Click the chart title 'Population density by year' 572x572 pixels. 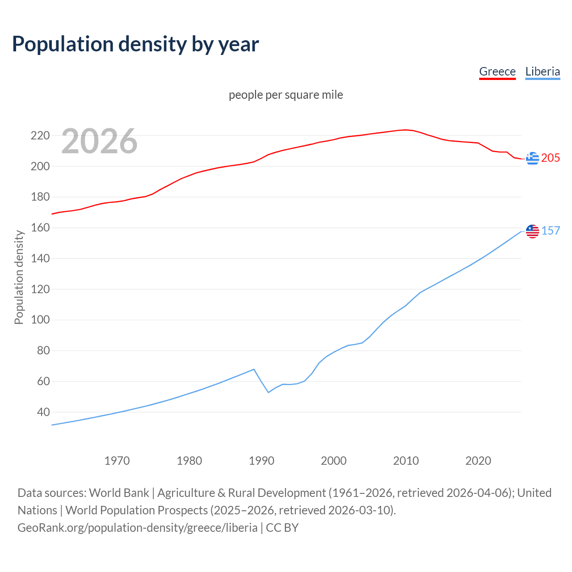(135, 44)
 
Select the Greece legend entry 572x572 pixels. (497, 71)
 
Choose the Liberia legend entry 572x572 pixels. (543, 71)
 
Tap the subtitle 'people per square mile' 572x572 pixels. (286, 95)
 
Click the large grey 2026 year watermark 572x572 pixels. (99, 141)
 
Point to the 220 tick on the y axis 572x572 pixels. (40, 135)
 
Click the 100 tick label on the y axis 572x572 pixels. (40, 320)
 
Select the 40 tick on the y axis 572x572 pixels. (43, 412)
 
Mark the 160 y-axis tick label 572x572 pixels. (40, 228)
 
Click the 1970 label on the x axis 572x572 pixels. (117, 461)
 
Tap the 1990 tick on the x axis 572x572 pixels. (261, 461)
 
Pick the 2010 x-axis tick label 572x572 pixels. (406, 461)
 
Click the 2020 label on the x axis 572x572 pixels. (478, 461)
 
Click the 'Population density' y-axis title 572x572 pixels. (19, 277)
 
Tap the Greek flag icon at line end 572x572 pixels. (532, 158)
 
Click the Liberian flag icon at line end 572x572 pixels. (532, 231)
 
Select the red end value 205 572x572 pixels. (551, 158)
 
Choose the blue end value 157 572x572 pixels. (551, 231)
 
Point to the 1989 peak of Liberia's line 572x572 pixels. (254, 369)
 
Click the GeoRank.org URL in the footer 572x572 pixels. (137, 528)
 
